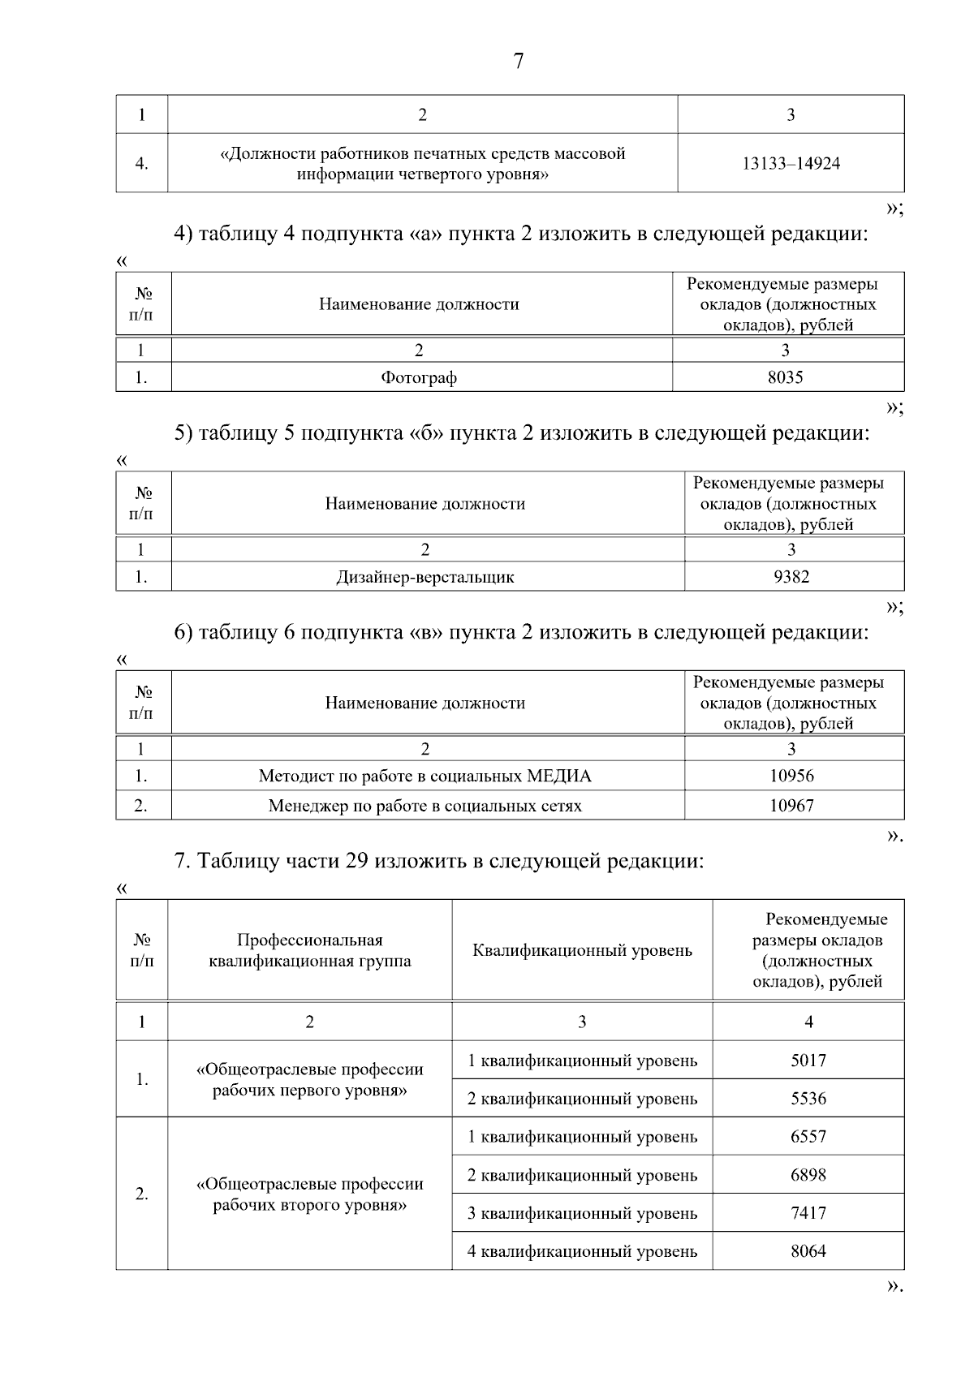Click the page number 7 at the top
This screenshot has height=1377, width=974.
point(519,62)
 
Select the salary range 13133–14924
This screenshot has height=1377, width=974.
point(791,164)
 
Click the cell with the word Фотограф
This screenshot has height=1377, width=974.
point(419,378)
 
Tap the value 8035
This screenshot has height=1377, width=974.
point(785,377)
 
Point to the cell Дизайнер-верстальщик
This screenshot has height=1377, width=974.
point(425,578)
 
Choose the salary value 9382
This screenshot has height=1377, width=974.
point(791,577)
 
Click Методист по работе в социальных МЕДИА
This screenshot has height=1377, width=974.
point(425,777)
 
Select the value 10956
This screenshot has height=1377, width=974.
point(791,776)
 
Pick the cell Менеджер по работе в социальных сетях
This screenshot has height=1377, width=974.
point(425,807)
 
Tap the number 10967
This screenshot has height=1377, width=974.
point(791,807)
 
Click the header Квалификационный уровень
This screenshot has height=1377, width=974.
point(582,951)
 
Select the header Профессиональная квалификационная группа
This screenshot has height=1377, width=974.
point(309,951)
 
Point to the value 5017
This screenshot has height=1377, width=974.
point(808,1061)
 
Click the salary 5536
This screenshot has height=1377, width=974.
point(808,1099)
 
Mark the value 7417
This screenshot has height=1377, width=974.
point(808,1214)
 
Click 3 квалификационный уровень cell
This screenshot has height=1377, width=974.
point(582,1214)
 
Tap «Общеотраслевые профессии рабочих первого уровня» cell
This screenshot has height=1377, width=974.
point(309,1080)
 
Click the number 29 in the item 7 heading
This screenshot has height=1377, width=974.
point(358,861)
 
